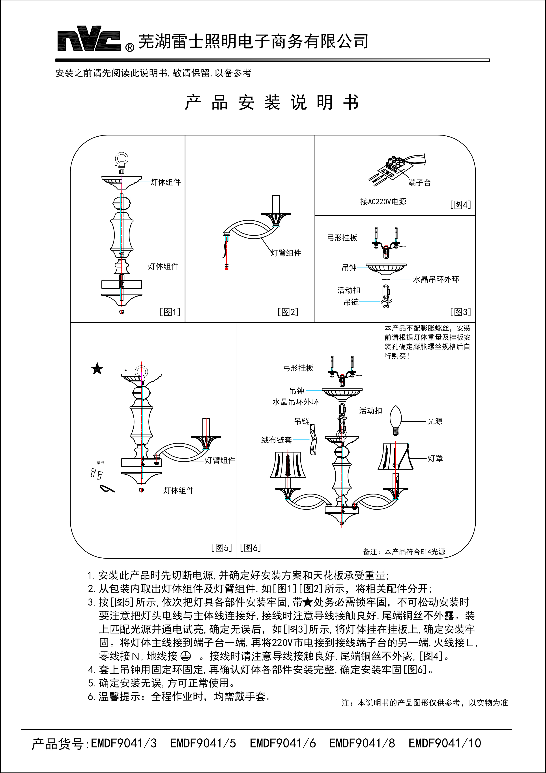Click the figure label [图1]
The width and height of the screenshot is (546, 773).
pyautogui.click(x=170, y=312)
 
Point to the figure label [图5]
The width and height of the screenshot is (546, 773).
pyautogui.click(x=221, y=548)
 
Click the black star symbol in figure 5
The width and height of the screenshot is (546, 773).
pyautogui.click(x=97, y=369)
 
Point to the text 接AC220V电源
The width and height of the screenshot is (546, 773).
pyautogui.click(x=383, y=202)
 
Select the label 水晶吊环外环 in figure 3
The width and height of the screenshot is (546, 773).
pyautogui.click(x=436, y=279)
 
